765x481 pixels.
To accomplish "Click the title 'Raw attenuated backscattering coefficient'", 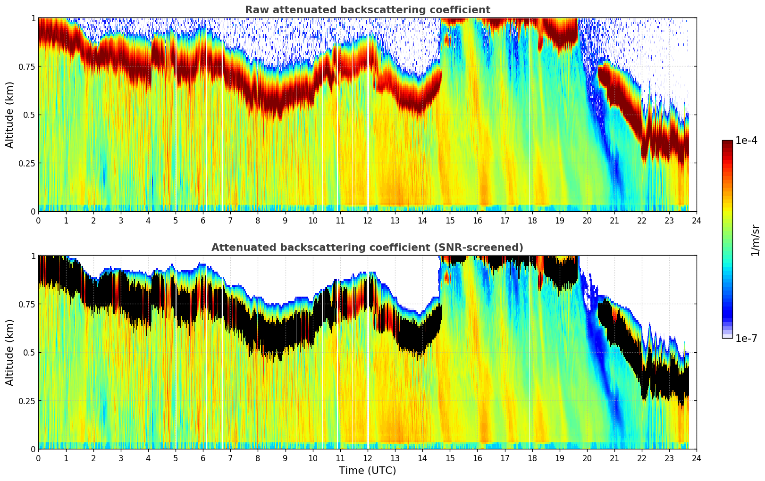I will [x=367, y=10].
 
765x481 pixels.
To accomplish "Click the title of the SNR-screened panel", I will [x=367, y=248].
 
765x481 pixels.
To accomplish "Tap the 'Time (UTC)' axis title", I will [x=367, y=471].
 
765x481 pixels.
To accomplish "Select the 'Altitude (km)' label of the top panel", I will [x=10, y=115].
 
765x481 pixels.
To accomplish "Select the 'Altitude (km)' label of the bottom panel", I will [x=10, y=352].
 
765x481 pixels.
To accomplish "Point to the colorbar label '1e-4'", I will [x=746, y=141].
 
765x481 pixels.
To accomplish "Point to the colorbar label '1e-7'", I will [x=746, y=338].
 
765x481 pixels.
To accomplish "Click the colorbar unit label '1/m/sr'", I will [x=755, y=240].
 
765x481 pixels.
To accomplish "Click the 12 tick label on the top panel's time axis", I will [x=368, y=220].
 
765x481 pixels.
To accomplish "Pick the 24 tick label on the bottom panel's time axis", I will [x=697, y=458].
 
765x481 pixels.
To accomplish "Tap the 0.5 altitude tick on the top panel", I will [x=29, y=115].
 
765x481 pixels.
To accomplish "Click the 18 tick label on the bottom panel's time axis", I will [x=532, y=458].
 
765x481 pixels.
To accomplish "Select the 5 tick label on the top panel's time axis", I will [x=176, y=220].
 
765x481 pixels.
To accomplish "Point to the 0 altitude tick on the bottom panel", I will [x=33, y=449].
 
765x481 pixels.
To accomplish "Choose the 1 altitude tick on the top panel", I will [x=33, y=18].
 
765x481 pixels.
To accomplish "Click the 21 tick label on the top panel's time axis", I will [x=614, y=220].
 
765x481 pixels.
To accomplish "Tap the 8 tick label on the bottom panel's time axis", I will [x=258, y=458].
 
